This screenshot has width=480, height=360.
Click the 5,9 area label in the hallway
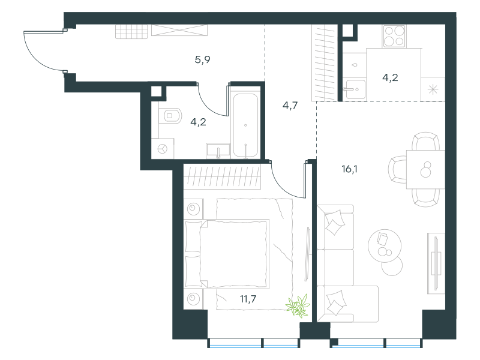pyautogui.click(x=202, y=59)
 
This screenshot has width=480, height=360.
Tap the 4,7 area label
pyautogui.click(x=290, y=106)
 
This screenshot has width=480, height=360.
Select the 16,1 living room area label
pyautogui.click(x=349, y=169)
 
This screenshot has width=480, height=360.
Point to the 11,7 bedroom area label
pyautogui.click(x=248, y=298)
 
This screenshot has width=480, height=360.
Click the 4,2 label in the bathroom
pyautogui.click(x=198, y=122)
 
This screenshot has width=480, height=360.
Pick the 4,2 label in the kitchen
pyautogui.click(x=390, y=77)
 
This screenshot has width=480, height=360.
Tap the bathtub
pyautogui.click(x=245, y=125)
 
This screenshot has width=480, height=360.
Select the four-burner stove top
pyautogui.click(x=394, y=36)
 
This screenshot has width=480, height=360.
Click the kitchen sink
pyautogui.click(x=355, y=89)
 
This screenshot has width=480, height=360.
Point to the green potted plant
pyautogui.click(x=298, y=305)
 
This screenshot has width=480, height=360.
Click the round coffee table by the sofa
pyautogui.click(x=385, y=246)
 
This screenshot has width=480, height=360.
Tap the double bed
pyautogui.click(x=227, y=254)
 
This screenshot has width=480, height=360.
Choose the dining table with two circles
pyautogui.click(x=425, y=169)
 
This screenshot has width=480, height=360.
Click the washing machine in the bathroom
pyautogui.click(x=163, y=149)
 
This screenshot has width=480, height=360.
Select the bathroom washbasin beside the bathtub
pyautogui.click(x=218, y=151)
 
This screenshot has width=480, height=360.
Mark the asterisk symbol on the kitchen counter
pyautogui.click(x=433, y=89)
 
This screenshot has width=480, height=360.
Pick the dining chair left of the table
pyautogui.click(x=397, y=169)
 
